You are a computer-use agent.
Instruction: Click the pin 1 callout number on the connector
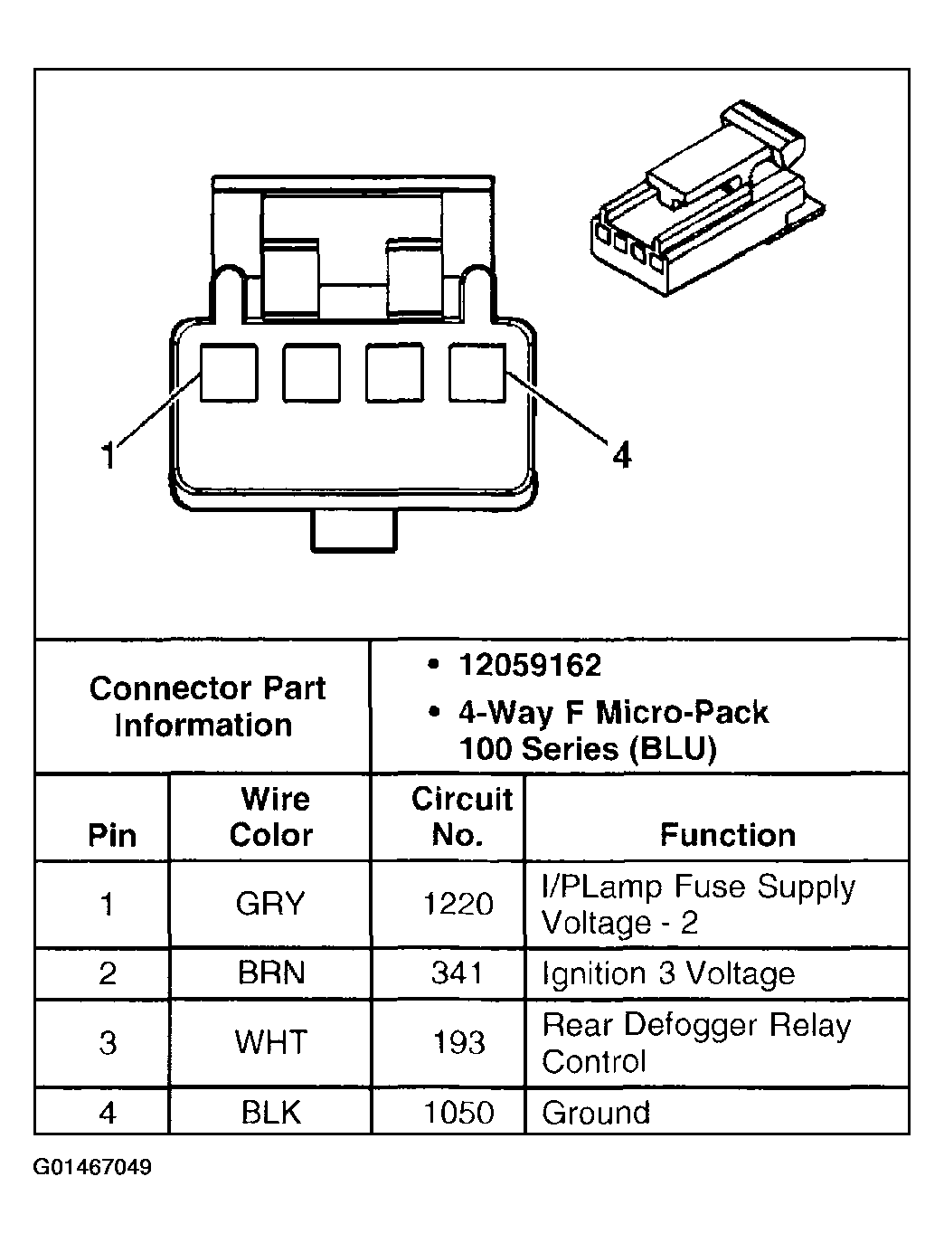tap(109, 454)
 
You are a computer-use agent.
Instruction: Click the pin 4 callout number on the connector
tap(621, 454)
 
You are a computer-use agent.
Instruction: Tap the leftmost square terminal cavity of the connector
tap(229, 372)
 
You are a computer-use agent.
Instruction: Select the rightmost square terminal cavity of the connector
tap(477, 372)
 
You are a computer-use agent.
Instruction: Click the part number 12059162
tap(529, 666)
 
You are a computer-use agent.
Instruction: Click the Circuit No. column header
tap(460, 816)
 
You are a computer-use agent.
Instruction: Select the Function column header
tap(727, 834)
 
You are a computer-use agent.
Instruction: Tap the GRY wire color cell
tap(270, 904)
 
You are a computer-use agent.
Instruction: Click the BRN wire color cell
tap(270, 973)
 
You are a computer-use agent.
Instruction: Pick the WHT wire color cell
tap(270, 1043)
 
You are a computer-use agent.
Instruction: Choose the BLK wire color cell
tap(270, 1112)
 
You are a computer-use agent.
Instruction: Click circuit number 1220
tap(458, 904)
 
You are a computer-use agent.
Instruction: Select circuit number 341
tap(458, 973)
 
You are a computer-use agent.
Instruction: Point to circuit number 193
tap(458, 1043)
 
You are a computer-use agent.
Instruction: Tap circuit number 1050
tap(458, 1112)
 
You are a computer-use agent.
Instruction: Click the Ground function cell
tap(596, 1112)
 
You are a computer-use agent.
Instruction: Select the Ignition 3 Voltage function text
tap(668, 973)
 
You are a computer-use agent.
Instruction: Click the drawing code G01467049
tap(92, 1167)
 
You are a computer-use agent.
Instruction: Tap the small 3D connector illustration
tap(704, 204)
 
